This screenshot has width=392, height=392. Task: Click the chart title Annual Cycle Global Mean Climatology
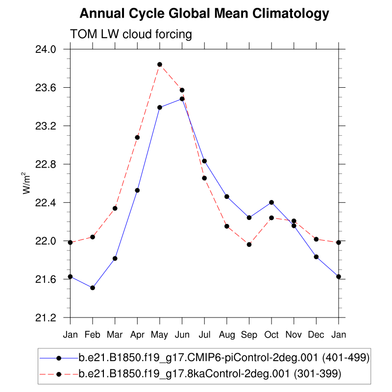coord(204,13)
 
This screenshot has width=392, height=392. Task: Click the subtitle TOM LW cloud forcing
coord(131,34)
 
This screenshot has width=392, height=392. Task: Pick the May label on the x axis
coord(160,334)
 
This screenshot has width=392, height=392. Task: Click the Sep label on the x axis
coord(249,334)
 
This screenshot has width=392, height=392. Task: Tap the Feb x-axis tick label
coord(93,334)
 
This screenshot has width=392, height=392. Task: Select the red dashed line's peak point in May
coord(160,64)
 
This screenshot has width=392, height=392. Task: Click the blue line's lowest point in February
coord(93,288)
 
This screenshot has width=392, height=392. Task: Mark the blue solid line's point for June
coord(182,98)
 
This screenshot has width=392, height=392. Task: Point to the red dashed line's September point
coord(249,244)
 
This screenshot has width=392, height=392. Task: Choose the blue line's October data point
coord(271,202)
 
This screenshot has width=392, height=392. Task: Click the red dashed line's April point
coord(137,137)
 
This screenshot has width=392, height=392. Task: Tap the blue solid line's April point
coord(137,190)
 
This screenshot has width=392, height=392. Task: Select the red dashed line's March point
coord(115,208)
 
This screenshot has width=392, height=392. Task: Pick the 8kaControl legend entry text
coord(210,374)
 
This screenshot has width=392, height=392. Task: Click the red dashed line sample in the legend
coord(59,374)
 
